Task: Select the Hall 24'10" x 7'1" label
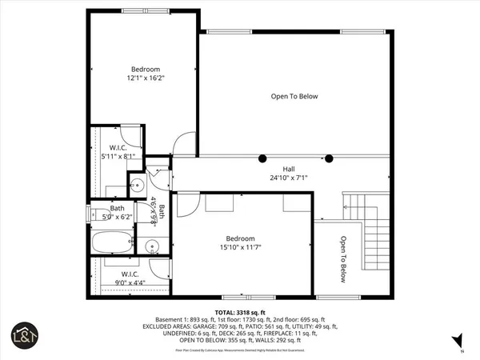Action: (x=289, y=174)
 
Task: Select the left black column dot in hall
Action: (x=262, y=157)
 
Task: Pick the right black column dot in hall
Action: (x=329, y=157)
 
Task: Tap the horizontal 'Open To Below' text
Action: (x=294, y=97)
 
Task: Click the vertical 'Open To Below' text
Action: (x=342, y=259)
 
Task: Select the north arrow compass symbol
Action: (x=462, y=350)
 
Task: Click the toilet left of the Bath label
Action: (x=94, y=214)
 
